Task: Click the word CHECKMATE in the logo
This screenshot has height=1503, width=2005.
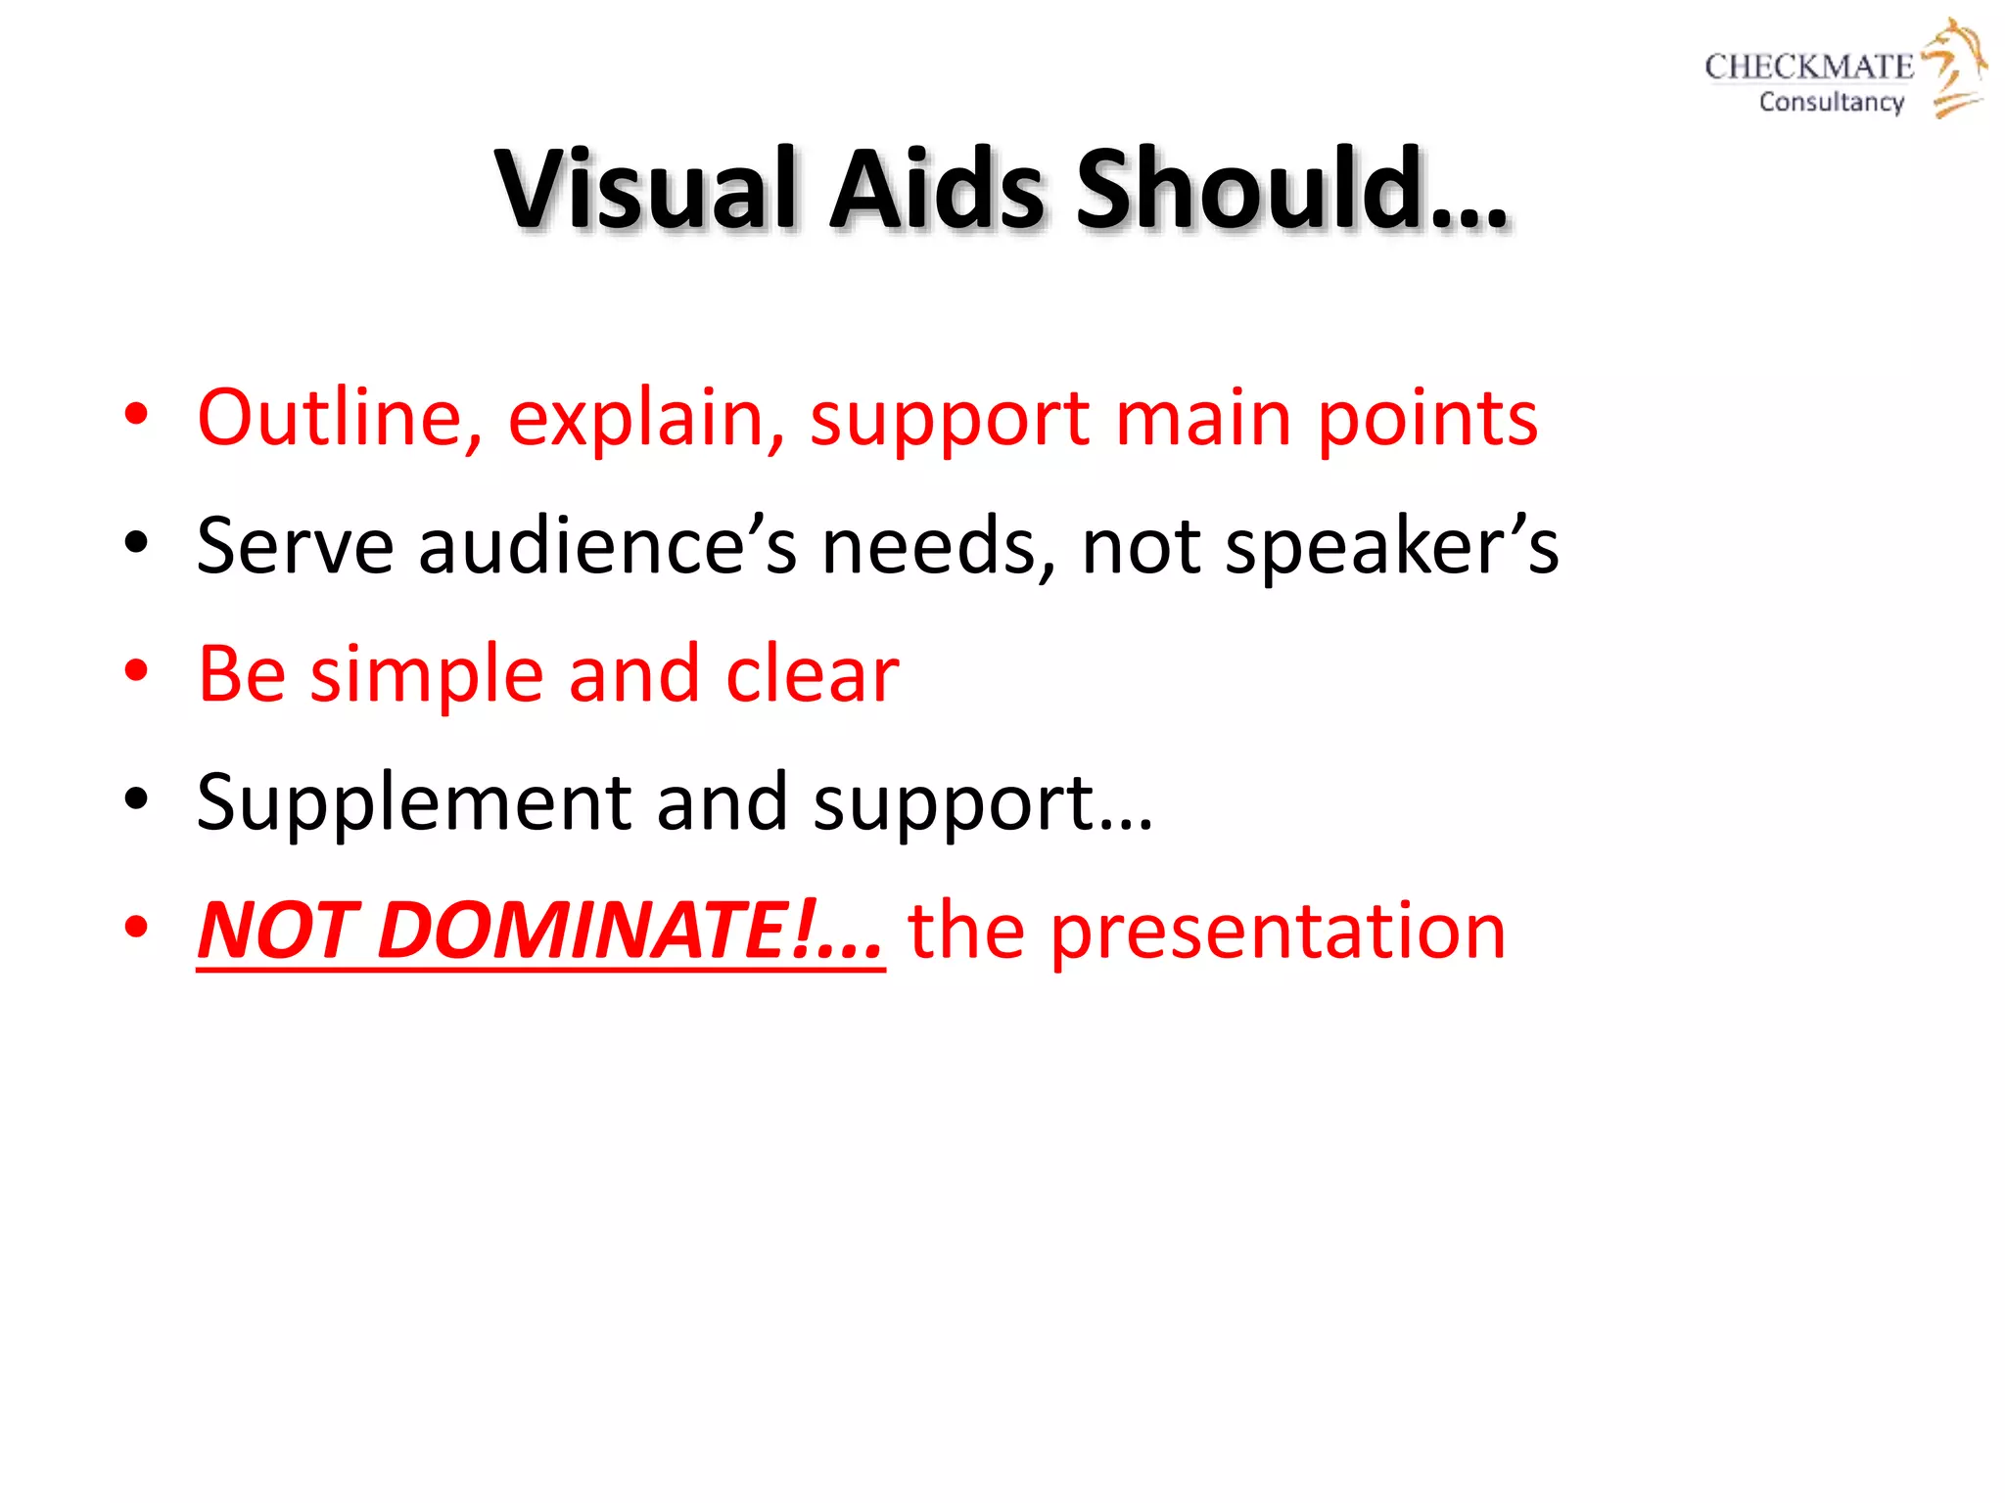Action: coord(1808,67)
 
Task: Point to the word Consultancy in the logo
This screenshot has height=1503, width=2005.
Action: coord(1831,102)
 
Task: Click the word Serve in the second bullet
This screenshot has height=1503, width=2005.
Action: coord(295,546)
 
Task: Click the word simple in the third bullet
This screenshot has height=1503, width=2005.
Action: coord(426,676)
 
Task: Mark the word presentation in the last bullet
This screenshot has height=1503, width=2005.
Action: coord(1278,933)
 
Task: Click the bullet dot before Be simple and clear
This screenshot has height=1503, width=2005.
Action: coord(136,672)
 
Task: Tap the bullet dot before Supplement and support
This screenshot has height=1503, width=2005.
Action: coord(136,800)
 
